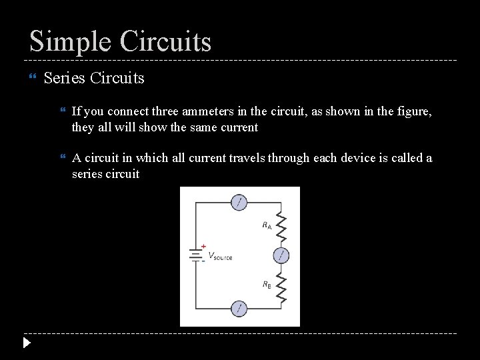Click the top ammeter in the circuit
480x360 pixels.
239,202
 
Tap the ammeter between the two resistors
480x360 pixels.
281,255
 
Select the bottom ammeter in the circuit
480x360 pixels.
239,308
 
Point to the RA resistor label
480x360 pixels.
267,225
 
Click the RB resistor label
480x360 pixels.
267,285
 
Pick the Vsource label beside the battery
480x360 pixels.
221,257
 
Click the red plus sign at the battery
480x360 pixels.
203,246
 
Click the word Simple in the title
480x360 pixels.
70,41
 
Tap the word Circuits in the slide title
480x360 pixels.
165,41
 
